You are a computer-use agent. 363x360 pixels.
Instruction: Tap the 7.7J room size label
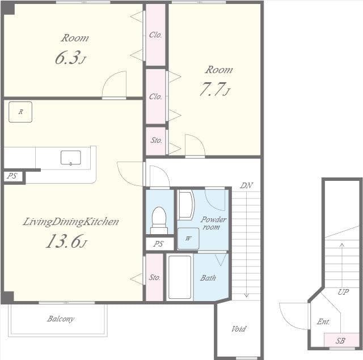click(215, 90)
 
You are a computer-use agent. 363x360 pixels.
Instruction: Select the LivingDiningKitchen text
click(71, 222)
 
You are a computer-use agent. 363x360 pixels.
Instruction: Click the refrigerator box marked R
click(20, 112)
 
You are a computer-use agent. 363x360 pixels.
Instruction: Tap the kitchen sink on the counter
click(70, 158)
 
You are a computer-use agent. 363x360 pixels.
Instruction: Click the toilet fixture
click(159, 220)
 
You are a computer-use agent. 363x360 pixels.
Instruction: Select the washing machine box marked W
click(188, 239)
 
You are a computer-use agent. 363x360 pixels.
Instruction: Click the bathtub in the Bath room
click(179, 277)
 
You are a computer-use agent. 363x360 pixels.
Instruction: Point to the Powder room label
click(213, 223)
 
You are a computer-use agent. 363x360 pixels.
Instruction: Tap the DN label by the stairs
click(246, 185)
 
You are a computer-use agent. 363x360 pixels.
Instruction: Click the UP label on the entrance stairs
click(343, 292)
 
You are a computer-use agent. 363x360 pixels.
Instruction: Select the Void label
click(239, 329)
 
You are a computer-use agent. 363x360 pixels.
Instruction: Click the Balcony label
click(61, 319)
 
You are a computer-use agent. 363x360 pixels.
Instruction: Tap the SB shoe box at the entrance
click(340, 341)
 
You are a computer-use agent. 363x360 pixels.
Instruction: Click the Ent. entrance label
click(323, 322)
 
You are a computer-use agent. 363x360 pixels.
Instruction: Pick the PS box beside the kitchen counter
click(12, 176)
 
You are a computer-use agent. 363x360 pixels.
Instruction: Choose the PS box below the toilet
click(159, 244)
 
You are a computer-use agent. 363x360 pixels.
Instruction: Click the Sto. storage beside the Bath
click(154, 277)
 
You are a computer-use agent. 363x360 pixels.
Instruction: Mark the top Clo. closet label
click(155, 35)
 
